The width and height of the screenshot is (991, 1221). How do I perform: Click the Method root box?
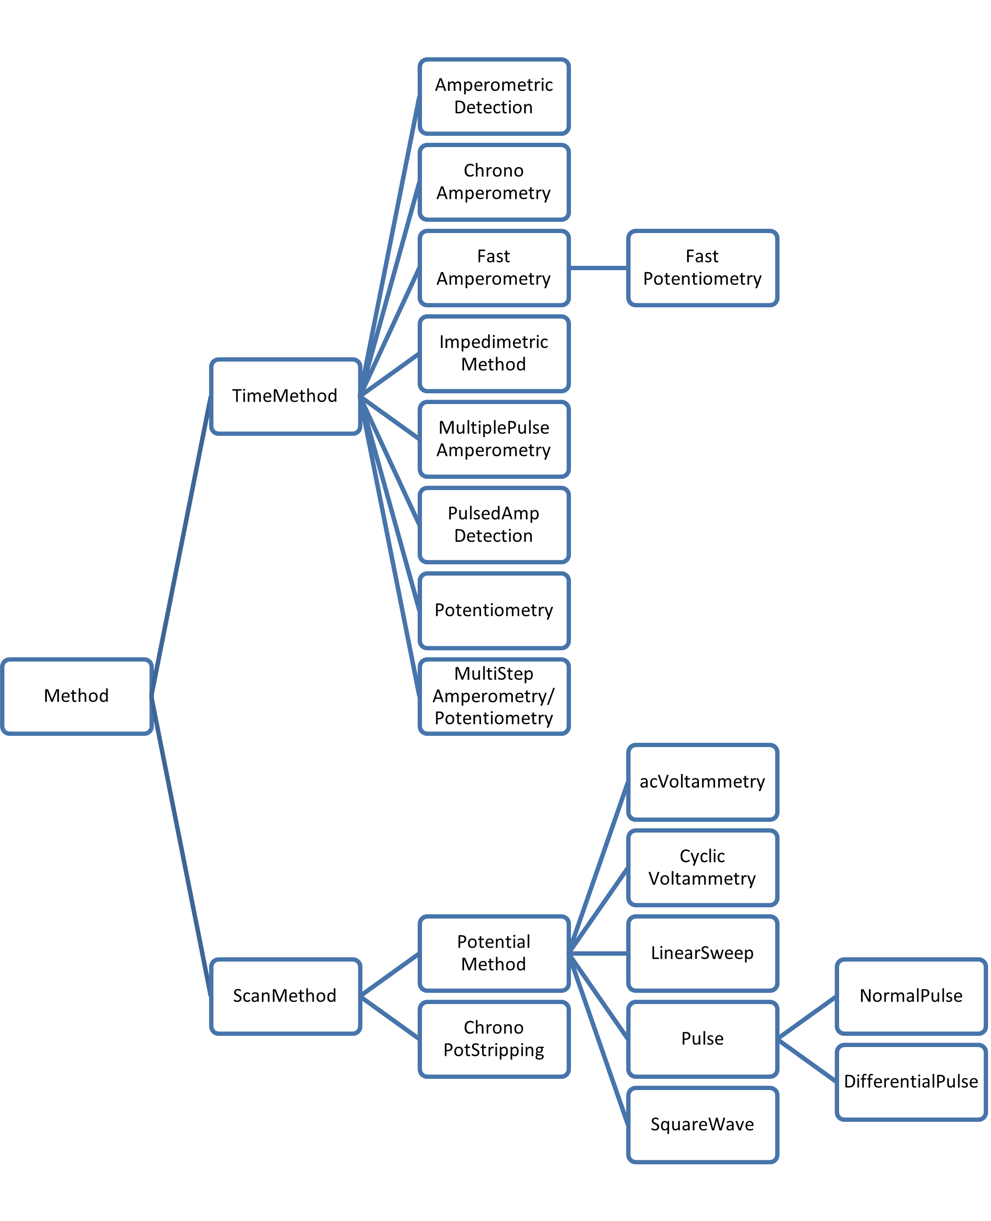(x=77, y=696)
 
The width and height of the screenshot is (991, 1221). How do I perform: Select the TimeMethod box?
(x=285, y=396)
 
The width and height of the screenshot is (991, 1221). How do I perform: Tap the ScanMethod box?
(x=285, y=996)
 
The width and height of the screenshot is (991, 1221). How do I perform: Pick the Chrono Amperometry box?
(x=494, y=182)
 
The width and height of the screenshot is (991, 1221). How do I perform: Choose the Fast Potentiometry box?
(x=702, y=268)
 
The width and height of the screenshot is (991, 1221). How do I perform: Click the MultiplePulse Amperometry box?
(x=494, y=439)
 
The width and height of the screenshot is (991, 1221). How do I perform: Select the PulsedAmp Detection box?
(x=494, y=525)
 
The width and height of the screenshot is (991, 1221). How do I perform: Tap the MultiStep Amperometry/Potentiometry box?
(x=494, y=696)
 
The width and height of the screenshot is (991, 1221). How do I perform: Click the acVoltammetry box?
(x=702, y=782)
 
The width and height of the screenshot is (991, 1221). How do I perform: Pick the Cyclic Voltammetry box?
(x=702, y=867)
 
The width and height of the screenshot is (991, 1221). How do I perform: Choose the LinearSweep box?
(x=702, y=953)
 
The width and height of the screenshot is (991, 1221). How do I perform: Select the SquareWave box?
(x=702, y=1124)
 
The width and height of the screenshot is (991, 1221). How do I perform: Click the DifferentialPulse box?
(x=911, y=1082)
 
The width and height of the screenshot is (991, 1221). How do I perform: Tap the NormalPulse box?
(x=911, y=996)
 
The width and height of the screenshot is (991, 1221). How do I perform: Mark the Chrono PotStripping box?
(x=494, y=1039)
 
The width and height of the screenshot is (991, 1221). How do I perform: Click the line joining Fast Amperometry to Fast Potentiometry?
(x=598, y=268)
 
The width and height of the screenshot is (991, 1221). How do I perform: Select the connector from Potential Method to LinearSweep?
(x=598, y=953)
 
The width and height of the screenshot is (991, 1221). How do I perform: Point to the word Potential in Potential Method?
(x=494, y=942)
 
